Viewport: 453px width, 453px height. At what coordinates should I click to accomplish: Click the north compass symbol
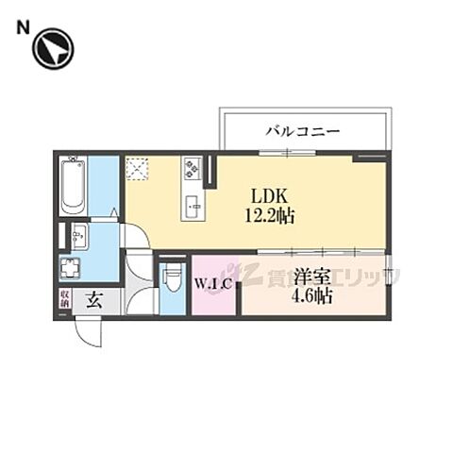[x=51, y=50]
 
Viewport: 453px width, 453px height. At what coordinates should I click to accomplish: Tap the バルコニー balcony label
[x=302, y=131]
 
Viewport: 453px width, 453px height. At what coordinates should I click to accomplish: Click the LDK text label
[x=267, y=196]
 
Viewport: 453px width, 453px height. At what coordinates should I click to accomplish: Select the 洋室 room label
[x=311, y=277]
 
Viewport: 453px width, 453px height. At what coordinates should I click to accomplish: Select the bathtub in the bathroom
[x=73, y=186]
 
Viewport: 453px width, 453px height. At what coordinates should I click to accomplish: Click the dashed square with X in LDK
[x=139, y=168]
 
